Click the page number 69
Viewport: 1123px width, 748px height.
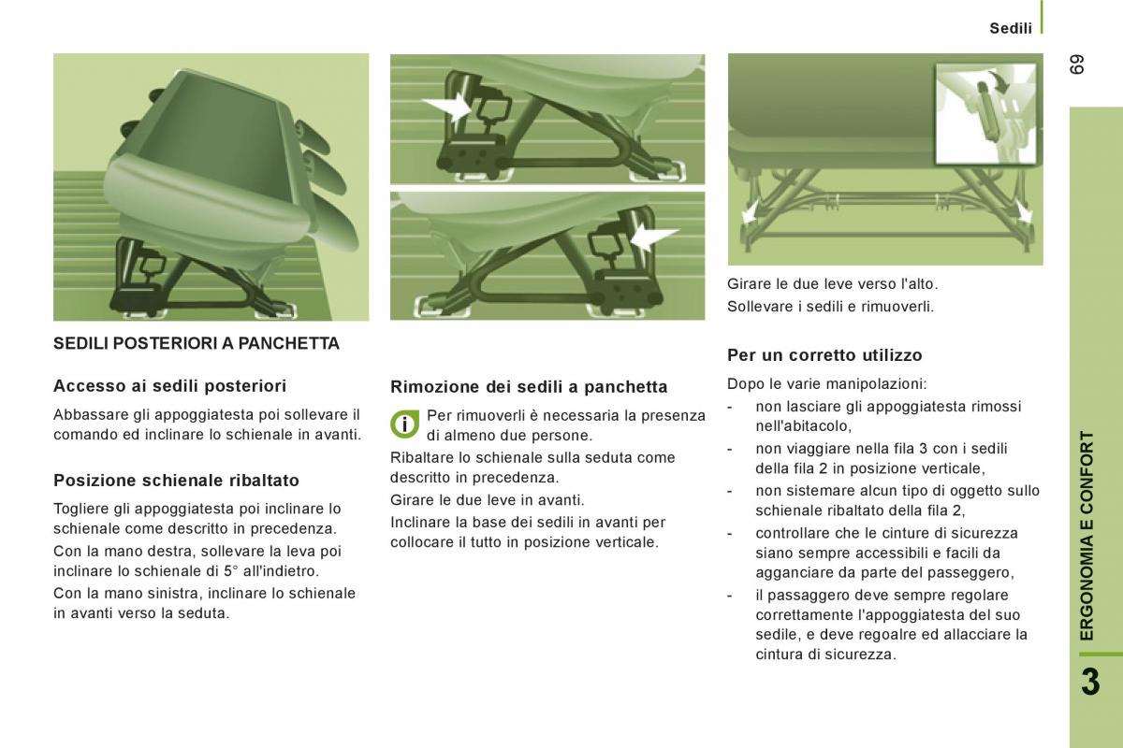click(x=1077, y=65)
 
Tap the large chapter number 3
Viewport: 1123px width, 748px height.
click(x=1091, y=682)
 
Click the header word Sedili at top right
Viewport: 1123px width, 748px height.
click(x=1011, y=29)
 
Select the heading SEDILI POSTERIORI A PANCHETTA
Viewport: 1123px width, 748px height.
click(x=197, y=344)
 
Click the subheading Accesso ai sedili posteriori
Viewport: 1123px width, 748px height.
click(x=170, y=386)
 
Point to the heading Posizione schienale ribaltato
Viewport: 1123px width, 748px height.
click(x=177, y=481)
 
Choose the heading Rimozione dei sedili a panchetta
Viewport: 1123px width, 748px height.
click(x=529, y=387)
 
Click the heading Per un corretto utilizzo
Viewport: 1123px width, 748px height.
click(x=824, y=355)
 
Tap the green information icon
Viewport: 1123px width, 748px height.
click(x=404, y=424)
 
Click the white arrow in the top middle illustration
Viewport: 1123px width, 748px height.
click(x=447, y=107)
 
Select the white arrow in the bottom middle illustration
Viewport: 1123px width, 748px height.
click(x=654, y=237)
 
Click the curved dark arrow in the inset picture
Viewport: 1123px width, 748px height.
click(x=1000, y=81)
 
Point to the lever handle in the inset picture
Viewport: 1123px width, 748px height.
click(x=986, y=111)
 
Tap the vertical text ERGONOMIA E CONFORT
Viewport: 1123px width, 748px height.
click(x=1087, y=536)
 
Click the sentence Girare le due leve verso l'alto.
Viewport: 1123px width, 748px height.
click(x=832, y=284)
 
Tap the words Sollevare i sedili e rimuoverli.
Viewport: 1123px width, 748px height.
click(x=831, y=306)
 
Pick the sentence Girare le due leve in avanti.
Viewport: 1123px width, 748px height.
click(x=488, y=500)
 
